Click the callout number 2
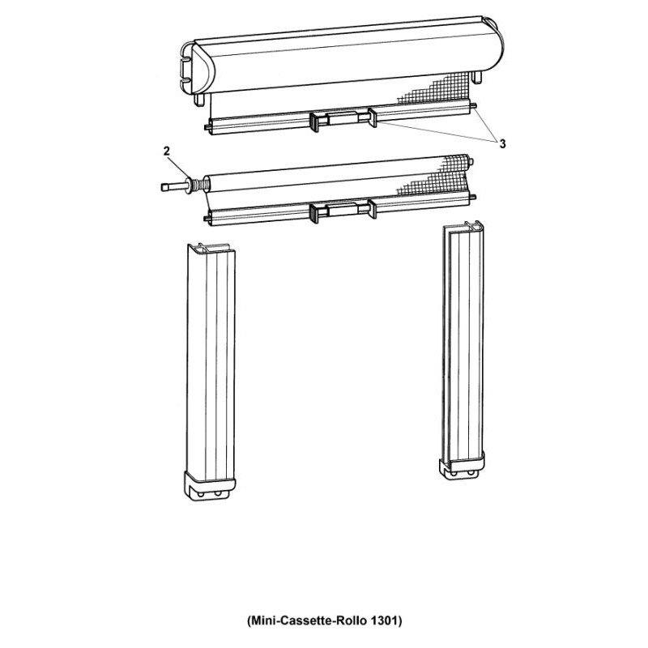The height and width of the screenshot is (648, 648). click(x=168, y=150)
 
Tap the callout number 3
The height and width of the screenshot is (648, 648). click(x=501, y=143)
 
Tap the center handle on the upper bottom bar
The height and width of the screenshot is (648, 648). click(x=340, y=120)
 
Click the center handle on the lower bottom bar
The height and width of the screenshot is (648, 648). click(x=340, y=211)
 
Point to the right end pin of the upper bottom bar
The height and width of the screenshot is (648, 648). click(x=478, y=106)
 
